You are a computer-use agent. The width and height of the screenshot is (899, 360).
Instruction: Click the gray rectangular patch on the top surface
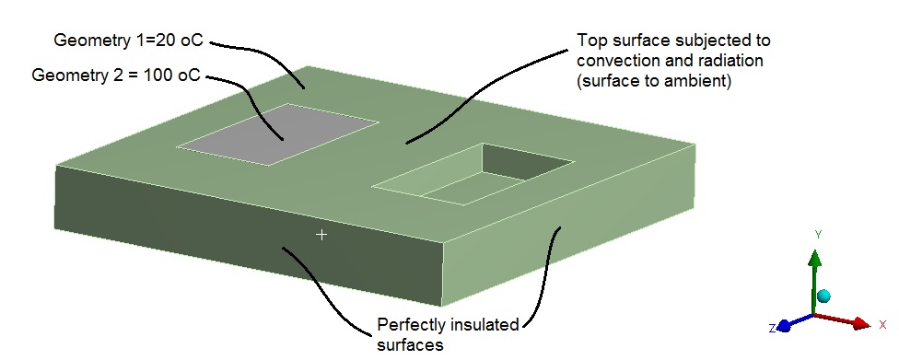(276, 134)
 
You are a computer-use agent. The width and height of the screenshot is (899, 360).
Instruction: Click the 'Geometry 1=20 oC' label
(128, 41)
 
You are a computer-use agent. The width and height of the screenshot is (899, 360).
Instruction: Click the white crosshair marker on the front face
(321, 236)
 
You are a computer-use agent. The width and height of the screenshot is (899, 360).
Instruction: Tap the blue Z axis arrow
(787, 325)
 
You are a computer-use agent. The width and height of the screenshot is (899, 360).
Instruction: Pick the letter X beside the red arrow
(882, 324)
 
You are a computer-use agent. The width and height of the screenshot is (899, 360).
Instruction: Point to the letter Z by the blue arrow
(772, 328)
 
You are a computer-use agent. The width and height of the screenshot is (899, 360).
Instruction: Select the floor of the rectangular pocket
(461, 189)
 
